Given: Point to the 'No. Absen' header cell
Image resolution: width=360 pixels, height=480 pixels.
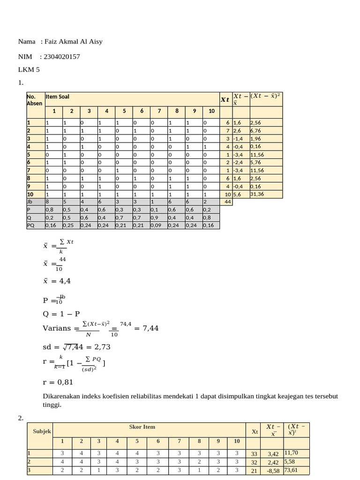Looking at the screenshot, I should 34,100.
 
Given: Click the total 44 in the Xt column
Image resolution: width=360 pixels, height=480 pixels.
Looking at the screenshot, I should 228,202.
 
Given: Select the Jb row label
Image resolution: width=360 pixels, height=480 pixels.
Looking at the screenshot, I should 30,202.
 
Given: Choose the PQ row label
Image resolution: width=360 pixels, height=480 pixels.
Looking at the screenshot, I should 31,225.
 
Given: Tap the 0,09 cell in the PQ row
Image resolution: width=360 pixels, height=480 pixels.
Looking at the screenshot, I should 156,225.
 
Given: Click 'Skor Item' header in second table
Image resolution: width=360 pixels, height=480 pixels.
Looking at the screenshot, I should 142,427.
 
